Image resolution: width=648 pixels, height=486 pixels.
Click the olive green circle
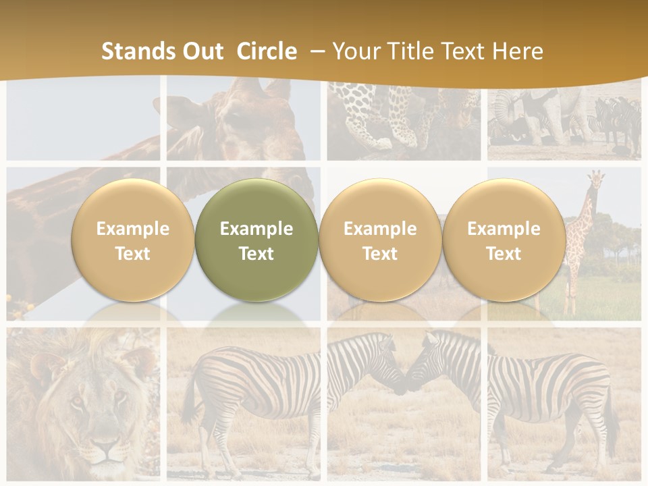(256, 240)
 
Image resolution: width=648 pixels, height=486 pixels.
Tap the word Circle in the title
(267, 51)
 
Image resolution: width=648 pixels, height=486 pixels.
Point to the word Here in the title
(518, 51)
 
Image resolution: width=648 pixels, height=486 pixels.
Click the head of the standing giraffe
(595, 181)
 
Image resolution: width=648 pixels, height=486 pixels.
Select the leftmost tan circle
(133, 240)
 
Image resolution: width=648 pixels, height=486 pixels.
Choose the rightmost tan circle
(504, 240)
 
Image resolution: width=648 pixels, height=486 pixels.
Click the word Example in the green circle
(256, 229)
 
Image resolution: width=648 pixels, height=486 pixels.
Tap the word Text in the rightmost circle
(504, 254)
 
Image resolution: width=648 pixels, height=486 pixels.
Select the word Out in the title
(203, 51)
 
